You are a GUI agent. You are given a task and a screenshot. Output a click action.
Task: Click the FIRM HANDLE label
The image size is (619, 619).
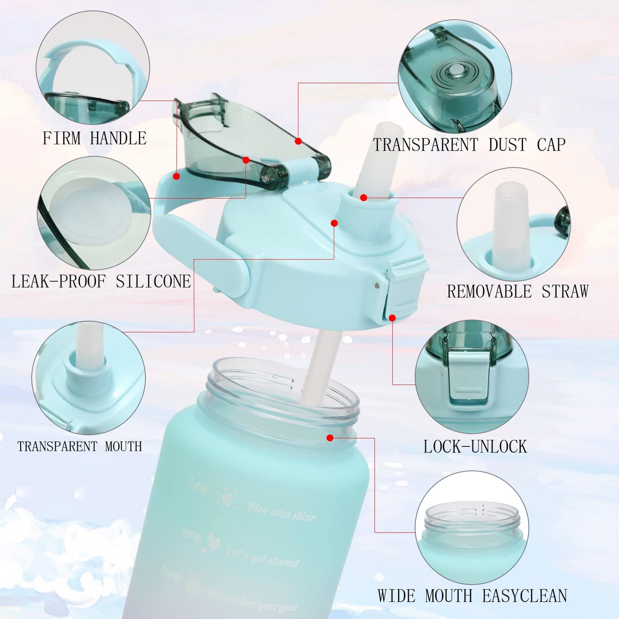click(x=94, y=138)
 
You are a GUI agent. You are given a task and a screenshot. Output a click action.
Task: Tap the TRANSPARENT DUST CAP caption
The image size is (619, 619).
click(x=469, y=145)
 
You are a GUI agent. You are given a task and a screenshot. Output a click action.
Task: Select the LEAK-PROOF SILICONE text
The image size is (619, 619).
click(x=101, y=281)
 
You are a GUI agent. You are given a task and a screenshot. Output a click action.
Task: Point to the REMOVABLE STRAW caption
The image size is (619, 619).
click(x=517, y=292)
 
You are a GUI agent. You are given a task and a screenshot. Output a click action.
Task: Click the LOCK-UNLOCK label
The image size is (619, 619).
click(x=475, y=447)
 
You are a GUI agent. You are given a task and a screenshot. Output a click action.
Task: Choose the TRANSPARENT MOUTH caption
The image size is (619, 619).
click(x=80, y=446)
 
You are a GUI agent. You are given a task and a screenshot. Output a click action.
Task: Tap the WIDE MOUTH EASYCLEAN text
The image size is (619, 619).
click(x=472, y=596)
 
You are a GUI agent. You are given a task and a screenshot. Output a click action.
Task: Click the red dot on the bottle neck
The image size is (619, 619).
click(x=330, y=438)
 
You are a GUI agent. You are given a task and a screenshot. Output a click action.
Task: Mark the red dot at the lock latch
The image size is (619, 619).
click(x=392, y=318)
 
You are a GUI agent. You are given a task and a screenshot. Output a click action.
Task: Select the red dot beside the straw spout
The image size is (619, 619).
click(x=364, y=197)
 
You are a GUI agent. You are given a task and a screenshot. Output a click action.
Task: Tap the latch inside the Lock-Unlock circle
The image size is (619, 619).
click(x=469, y=377)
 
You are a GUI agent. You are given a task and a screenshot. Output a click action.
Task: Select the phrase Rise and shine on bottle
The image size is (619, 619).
click(x=281, y=511)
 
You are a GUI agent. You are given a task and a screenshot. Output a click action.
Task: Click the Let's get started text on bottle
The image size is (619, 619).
click(x=262, y=556)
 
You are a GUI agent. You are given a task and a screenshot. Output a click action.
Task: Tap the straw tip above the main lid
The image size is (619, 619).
click(x=384, y=133)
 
